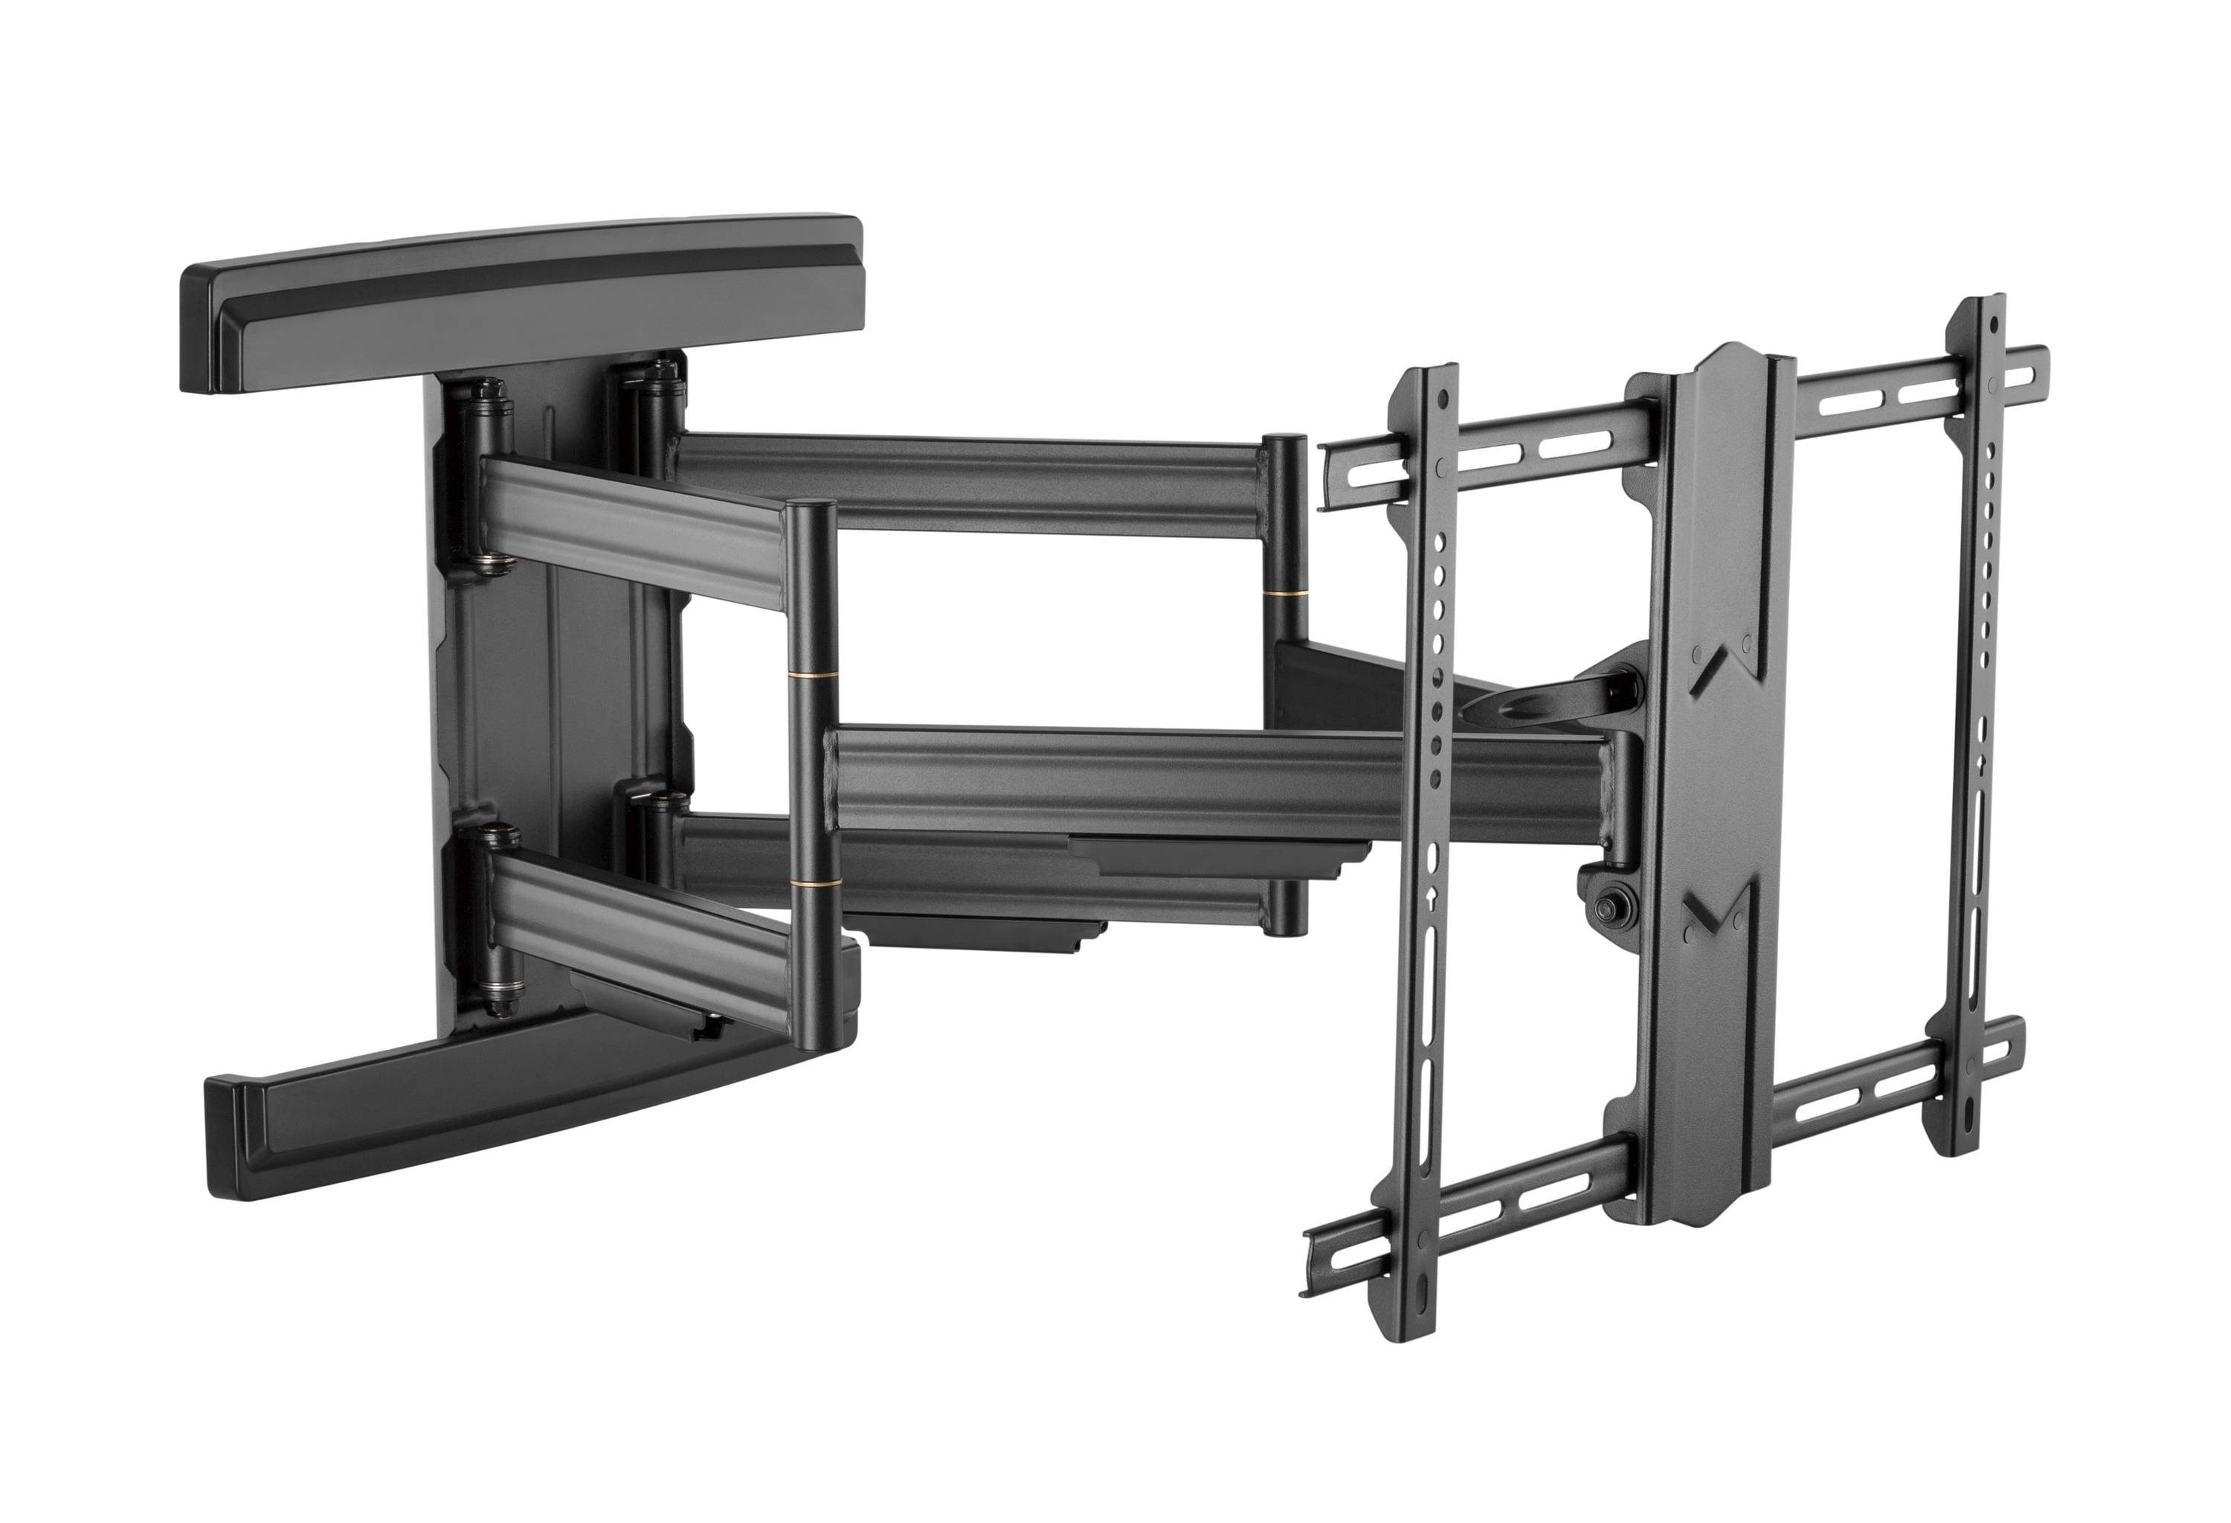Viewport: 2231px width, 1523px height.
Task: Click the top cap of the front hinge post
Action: (x=811, y=506)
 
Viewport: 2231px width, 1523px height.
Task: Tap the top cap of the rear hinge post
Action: (x=1284, y=440)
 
